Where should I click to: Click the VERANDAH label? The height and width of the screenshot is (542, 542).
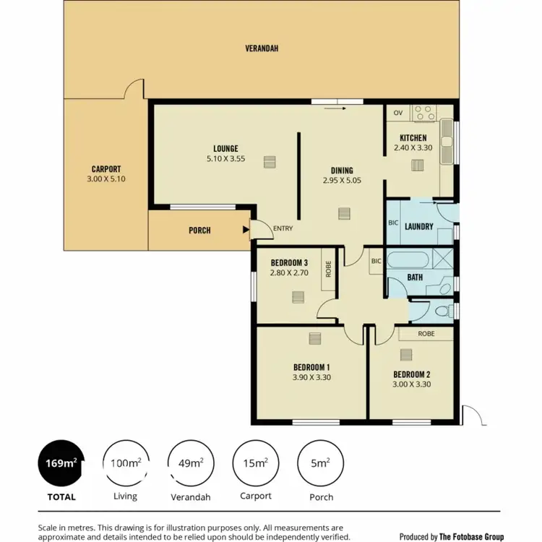click(x=261, y=48)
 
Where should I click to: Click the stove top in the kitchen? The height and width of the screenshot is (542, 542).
click(x=422, y=113)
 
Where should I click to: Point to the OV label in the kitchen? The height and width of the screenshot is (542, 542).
click(x=397, y=113)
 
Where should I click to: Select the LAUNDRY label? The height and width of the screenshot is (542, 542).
click(x=419, y=226)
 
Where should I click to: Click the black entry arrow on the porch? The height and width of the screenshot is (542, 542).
click(x=246, y=231)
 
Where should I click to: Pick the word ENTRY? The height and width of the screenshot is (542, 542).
click(x=283, y=229)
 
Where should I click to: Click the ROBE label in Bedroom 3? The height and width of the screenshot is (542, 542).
click(x=327, y=269)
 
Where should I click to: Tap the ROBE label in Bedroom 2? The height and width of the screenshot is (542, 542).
click(x=426, y=335)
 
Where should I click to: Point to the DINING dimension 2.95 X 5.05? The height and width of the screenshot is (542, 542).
click(x=342, y=181)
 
